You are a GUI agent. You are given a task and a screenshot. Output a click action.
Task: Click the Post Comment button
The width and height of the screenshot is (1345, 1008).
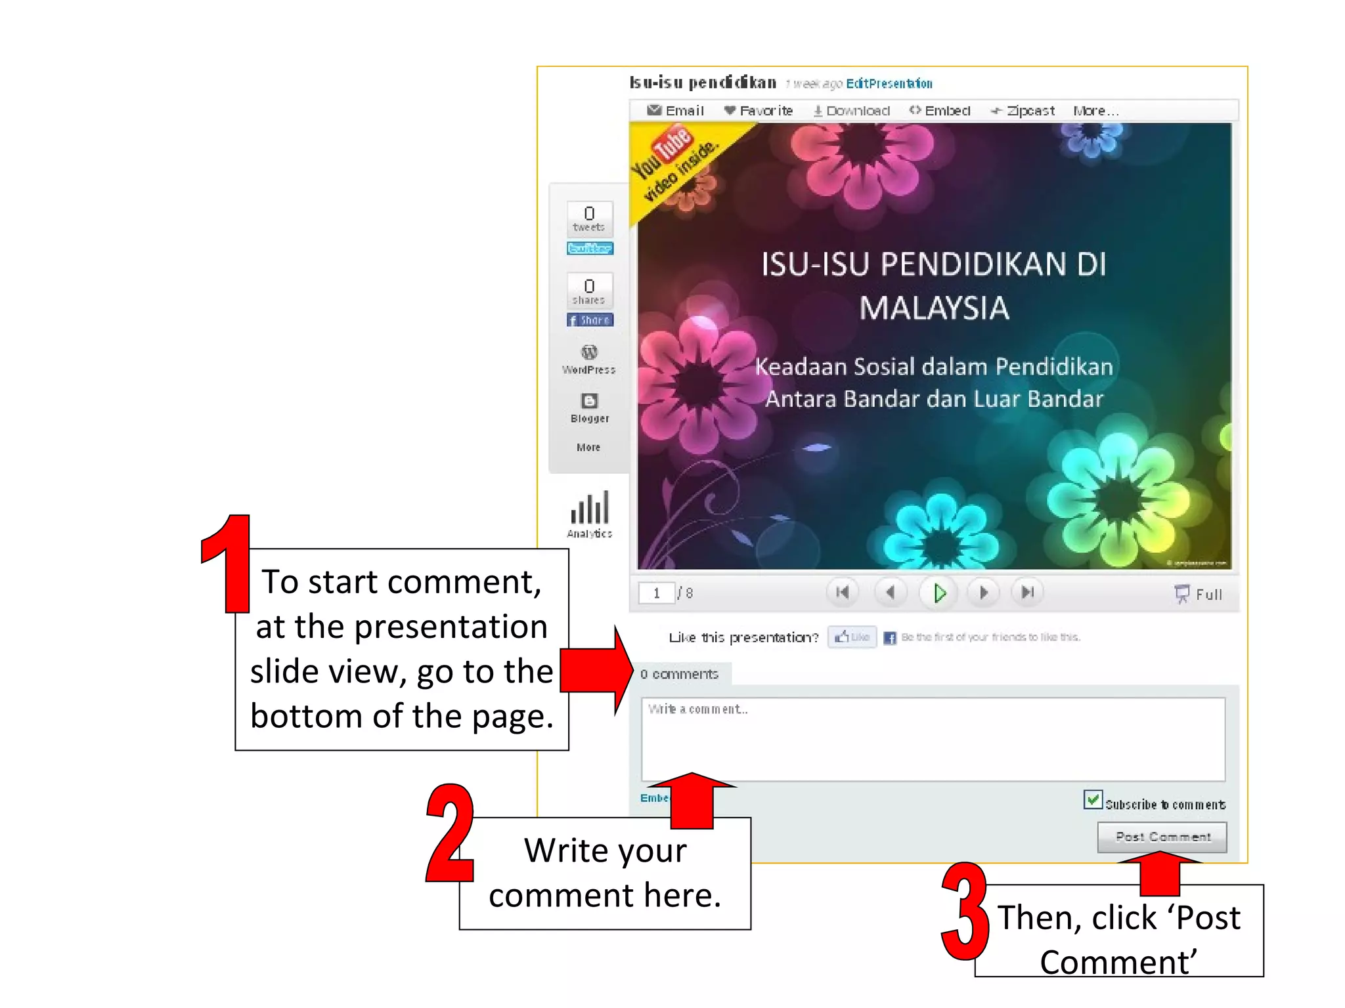[1161, 837]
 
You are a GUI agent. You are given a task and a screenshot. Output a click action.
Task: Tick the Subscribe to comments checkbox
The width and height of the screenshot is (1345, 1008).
[1093, 800]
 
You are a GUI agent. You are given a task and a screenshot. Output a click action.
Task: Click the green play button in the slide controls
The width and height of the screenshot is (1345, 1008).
[939, 593]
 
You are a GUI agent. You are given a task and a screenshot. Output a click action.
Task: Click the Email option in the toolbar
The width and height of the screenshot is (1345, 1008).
[676, 111]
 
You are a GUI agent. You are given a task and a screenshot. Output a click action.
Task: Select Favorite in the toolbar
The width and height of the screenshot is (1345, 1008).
[759, 111]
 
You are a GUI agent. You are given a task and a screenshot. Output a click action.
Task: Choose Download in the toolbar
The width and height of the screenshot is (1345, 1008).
[852, 111]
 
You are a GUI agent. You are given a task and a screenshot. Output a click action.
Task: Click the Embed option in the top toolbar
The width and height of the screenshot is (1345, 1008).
[940, 111]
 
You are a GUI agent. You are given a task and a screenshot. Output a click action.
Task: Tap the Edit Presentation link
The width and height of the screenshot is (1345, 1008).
[889, 83]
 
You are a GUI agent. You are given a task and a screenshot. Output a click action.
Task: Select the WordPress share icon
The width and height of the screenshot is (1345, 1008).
[589, 352]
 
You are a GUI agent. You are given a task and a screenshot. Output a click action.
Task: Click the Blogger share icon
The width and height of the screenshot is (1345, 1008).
[589, 401]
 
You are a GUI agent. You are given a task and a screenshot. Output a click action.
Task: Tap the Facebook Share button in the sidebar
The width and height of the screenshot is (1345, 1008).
[590, 320]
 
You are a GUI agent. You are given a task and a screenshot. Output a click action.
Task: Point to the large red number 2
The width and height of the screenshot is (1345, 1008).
[451, 833]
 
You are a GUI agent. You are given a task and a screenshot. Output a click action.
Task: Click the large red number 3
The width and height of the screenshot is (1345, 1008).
[965, 912]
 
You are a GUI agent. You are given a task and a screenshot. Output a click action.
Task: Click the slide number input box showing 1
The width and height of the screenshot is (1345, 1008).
[656, 593]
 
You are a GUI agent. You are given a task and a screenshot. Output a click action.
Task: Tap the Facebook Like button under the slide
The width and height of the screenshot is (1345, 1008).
[852, 637]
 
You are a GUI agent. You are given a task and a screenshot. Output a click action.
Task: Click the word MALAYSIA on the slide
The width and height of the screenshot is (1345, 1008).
[934, 308]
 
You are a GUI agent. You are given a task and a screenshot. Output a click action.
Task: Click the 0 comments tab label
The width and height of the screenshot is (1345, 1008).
[679, 674]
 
